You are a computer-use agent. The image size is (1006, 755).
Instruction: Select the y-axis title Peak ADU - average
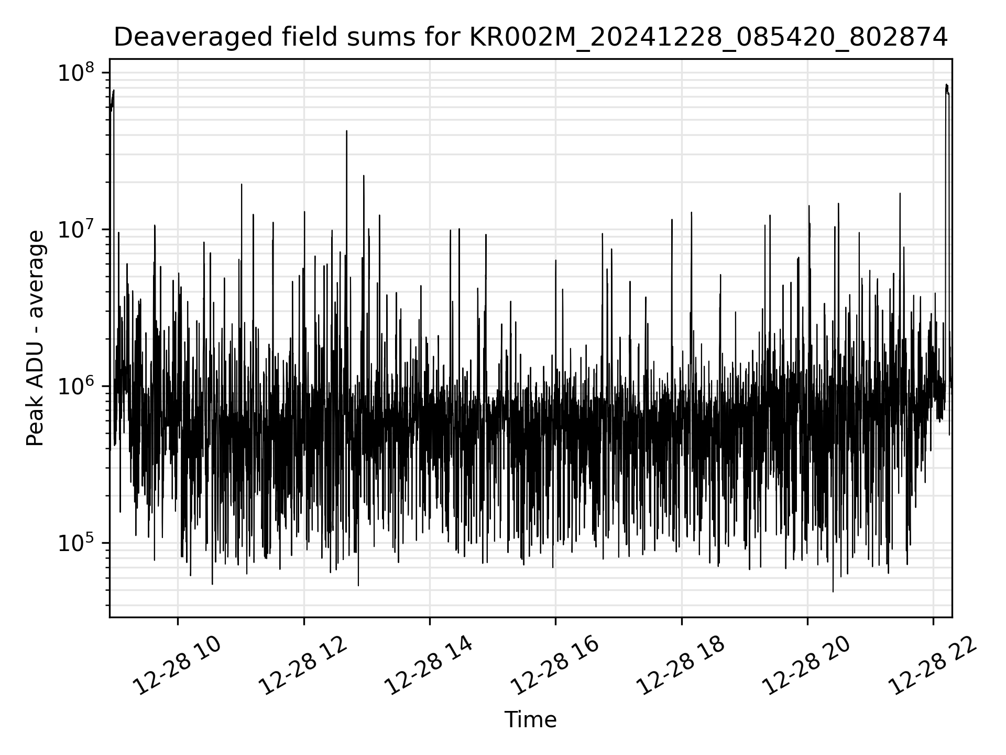coord(36,339)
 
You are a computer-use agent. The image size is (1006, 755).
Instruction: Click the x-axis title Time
coord(530,720)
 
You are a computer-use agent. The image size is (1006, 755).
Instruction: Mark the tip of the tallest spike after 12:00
coord(346,131)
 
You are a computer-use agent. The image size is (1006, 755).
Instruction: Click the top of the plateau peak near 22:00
coord(946,84)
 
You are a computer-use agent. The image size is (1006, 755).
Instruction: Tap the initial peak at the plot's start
coord(113,90)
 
